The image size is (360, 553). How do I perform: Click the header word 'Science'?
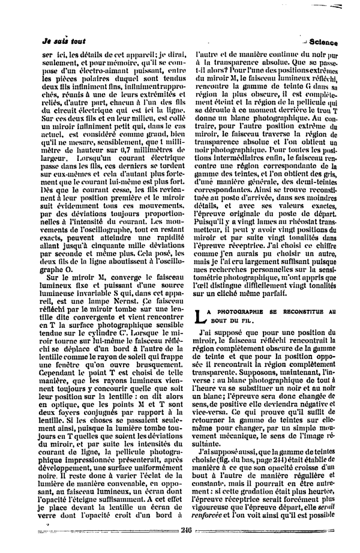324,43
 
